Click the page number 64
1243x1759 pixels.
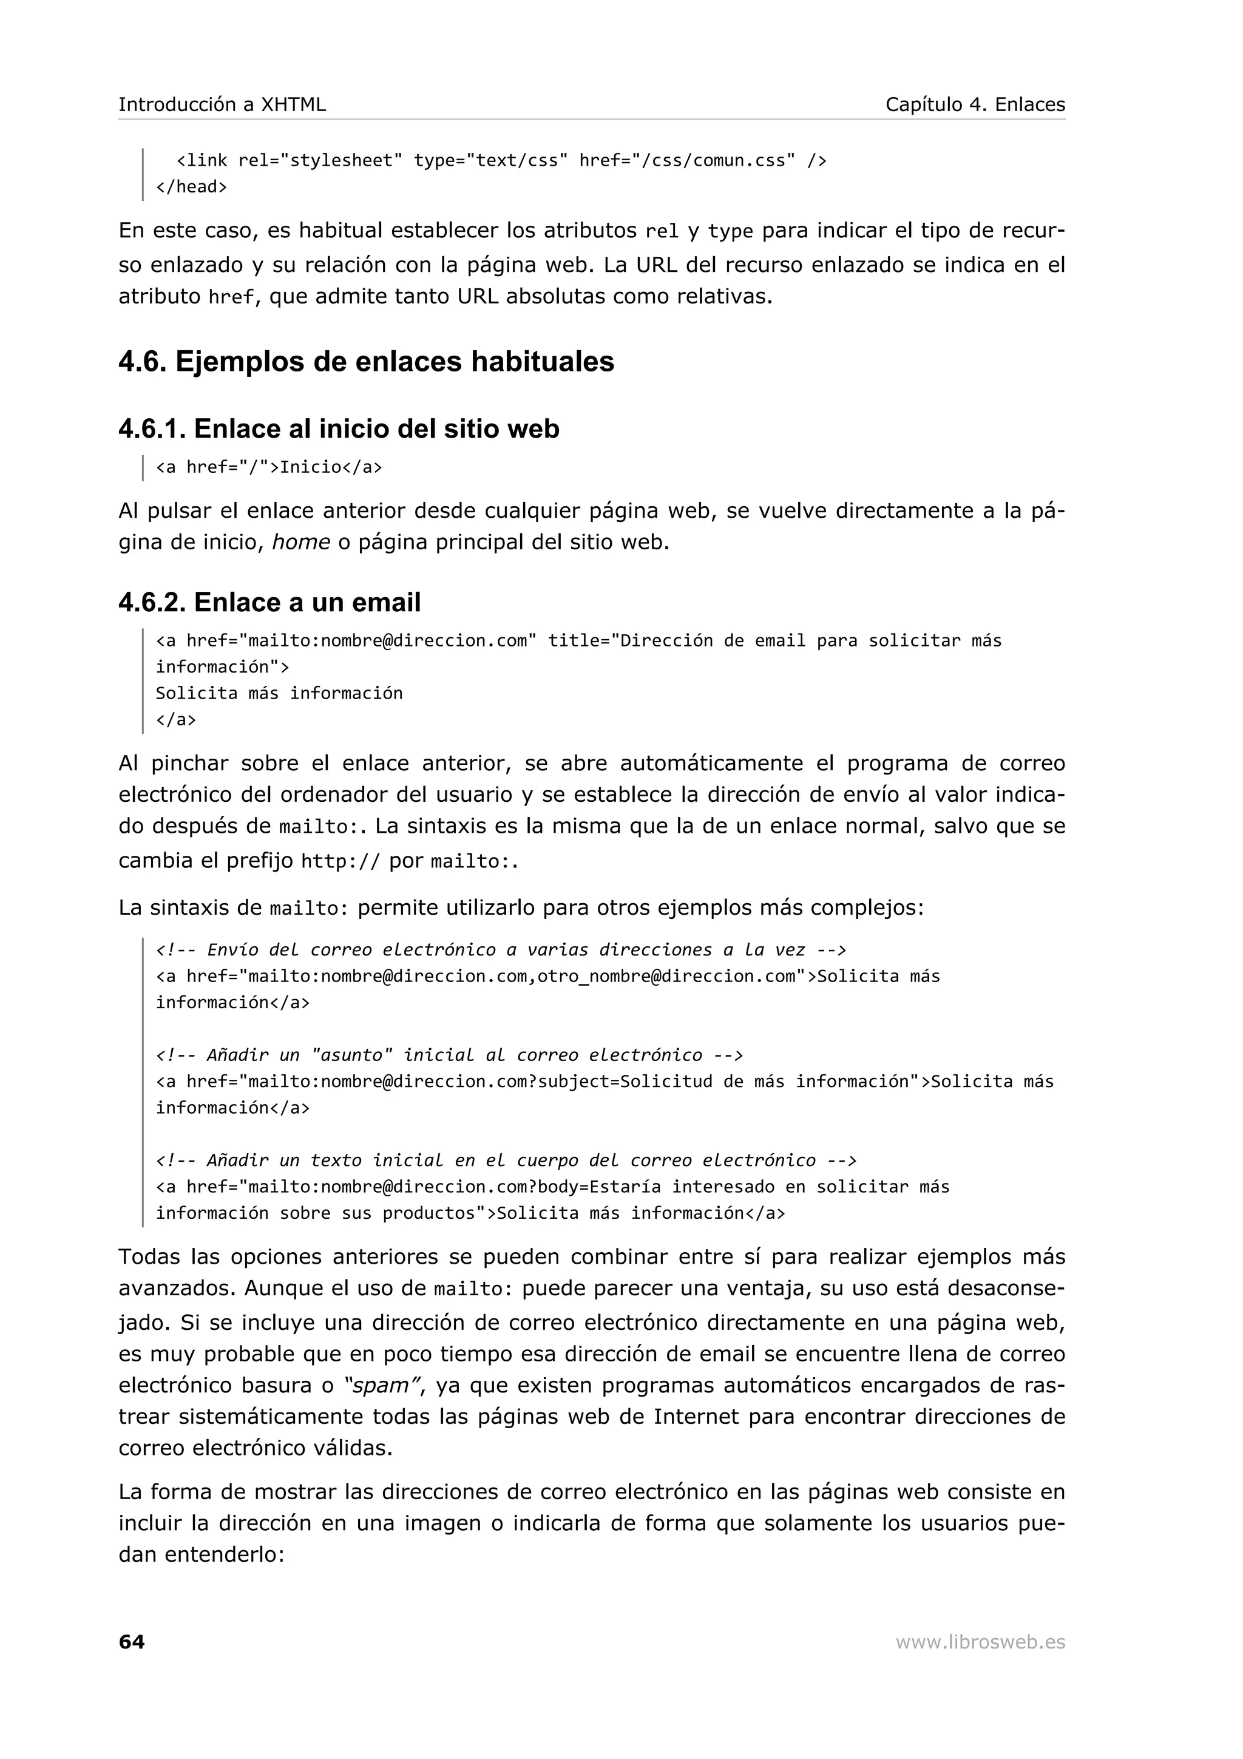[x=131, y=1642]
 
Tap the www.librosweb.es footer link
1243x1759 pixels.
[x=980, y=1642]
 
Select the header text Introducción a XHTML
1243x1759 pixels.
[x=222, y=104]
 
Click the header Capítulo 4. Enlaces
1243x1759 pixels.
[x=974, y=104]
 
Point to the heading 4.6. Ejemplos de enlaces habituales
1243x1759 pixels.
[x=366, y=362]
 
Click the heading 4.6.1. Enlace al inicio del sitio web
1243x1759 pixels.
[x=339, y=429]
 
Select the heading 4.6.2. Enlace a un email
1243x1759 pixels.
[x=269, y=602]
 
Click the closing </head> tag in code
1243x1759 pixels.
[x=191, y=187]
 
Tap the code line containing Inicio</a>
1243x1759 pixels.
[x=269, y=467]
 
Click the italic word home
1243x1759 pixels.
[x=301, y=543]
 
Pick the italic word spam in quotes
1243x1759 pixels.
[x=378, y=1385]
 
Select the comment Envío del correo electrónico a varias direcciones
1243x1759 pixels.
[x=501, y=950]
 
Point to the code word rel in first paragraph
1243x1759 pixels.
[x=662, y=231]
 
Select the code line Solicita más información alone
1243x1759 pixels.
[x=279, y=693]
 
